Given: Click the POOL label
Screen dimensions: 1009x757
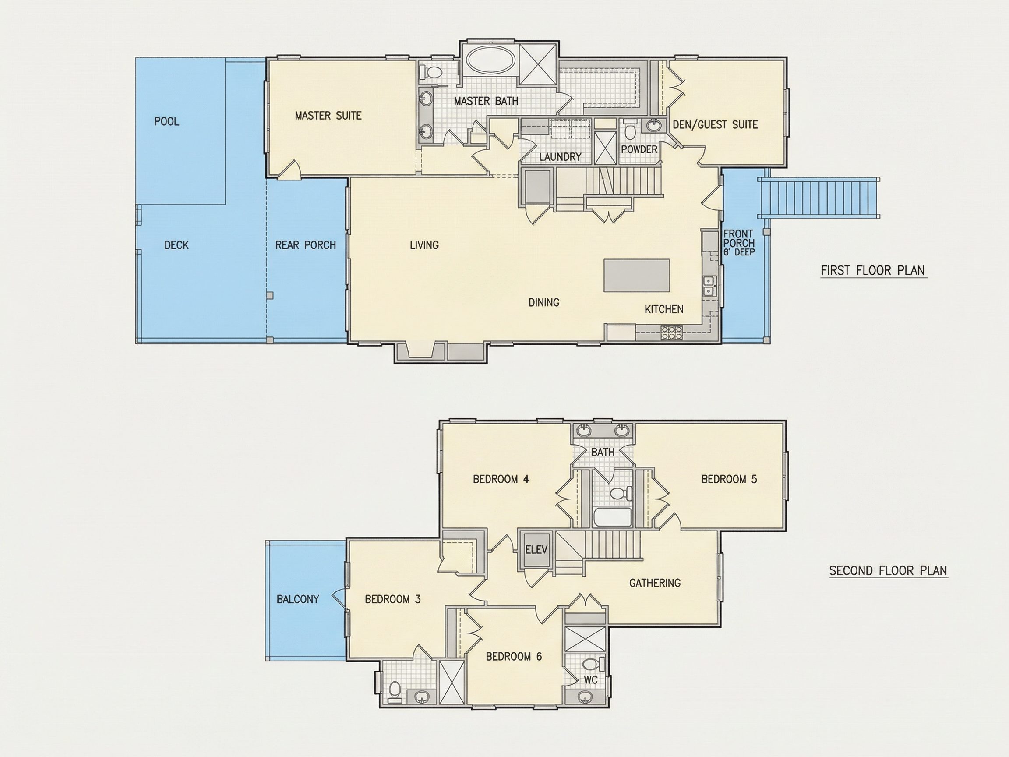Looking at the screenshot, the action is (166, 121).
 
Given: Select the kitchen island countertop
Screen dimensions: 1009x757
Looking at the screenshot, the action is (637, 275).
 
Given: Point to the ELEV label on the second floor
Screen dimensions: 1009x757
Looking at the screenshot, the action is (536, 549).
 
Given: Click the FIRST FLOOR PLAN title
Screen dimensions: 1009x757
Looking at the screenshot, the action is (873, 271).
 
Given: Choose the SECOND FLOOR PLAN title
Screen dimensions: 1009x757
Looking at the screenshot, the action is (888, 570).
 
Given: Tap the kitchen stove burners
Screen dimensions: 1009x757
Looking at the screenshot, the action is (672, 332).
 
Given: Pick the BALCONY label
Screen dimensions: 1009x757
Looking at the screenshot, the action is (298, 599).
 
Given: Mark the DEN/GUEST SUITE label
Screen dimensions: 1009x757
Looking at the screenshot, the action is (715, 124).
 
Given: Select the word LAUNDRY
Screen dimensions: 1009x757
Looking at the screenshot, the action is (560, 156).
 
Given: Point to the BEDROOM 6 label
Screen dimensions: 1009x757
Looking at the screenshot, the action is (514, 657).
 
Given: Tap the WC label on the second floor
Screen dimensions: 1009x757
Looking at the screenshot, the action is (591, 680).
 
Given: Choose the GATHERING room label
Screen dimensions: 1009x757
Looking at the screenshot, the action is (655, 583).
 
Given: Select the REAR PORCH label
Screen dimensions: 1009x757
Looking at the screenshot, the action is (306, 245).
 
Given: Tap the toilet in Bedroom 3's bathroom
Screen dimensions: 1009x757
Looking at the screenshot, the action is (395, 691).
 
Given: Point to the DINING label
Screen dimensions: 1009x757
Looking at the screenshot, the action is (544, 303).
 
